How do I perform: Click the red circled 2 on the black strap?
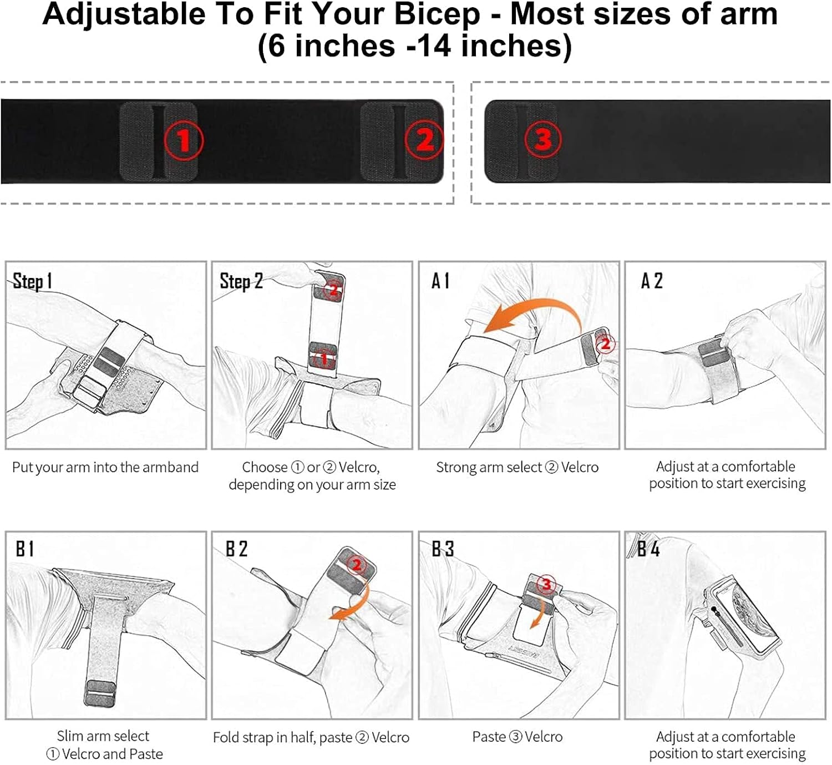[x=424, y=140]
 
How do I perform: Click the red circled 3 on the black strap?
[x=543, y=139]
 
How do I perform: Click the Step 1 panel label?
[x=32, y=281]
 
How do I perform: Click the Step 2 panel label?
[x=241, y=281]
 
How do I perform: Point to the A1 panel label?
[x=440, y=281]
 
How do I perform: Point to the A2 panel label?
[x=652, y=281]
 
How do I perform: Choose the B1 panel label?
[x=25, y=549]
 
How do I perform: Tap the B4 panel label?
[x=648, y=549]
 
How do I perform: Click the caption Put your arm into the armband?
[x=105, y=467]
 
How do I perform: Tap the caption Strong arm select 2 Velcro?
[x=517, y=467]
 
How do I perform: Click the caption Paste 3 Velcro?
[x=517, y=737]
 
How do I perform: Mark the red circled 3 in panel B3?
[x=546, y=584]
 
